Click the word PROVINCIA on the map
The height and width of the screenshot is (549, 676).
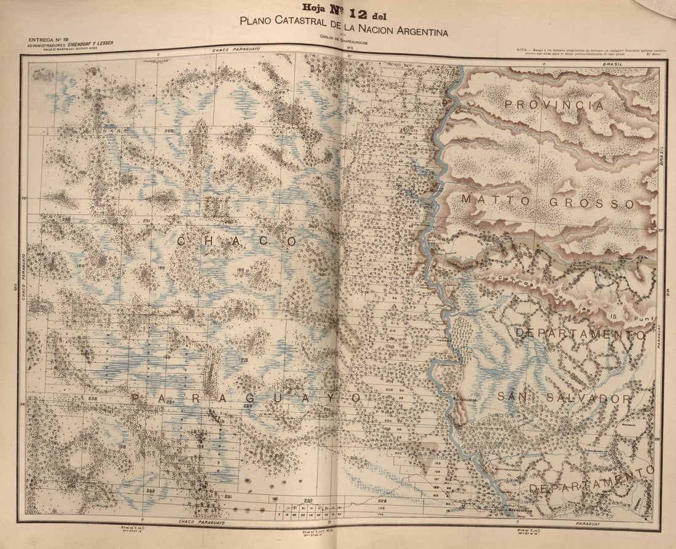pyautogui.click(x=554, y=105)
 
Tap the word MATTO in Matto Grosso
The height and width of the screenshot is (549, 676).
pyautogui.click(x=492, y=200)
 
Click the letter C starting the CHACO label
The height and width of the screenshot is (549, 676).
pyautogui.click(x=182, y=242)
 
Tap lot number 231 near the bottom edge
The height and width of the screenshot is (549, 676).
pyautogui.click(x=228, y=496)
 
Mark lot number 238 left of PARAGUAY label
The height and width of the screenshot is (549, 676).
pyautogui.click(x=93, y=399)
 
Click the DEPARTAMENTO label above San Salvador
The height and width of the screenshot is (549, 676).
pyautogui.click(x=580, y=334)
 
